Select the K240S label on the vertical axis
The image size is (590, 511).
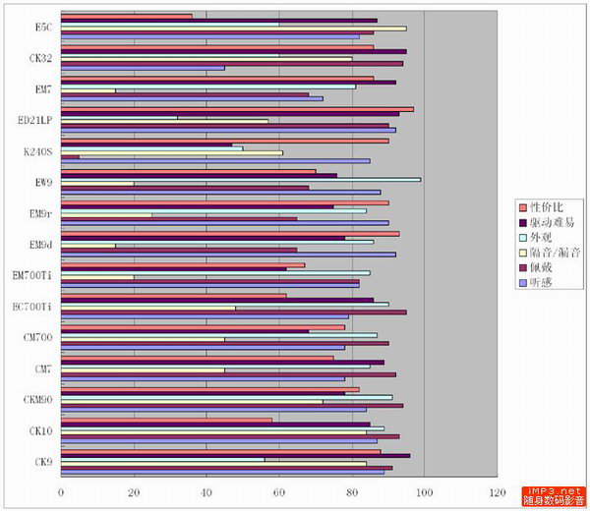(x=38, y=152)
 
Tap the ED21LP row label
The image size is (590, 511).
(x=35, y=121)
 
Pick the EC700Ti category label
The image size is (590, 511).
(x=32, y=307)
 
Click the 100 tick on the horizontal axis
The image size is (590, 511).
(x=424, y=491)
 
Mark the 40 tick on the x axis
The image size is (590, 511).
(x=206, y=491)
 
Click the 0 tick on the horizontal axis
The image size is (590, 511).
(x=61, y=491)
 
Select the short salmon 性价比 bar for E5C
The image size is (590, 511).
(x=127, y=16)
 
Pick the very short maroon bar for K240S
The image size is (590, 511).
(x=71, y=156)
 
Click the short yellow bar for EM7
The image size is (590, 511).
(x=88, y=90)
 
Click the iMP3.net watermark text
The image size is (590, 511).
(x=556, y=490)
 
